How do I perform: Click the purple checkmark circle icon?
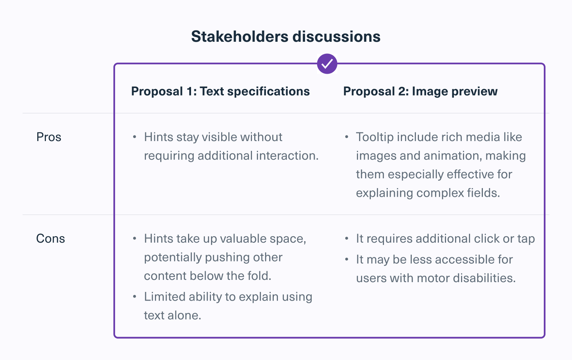point(327,64)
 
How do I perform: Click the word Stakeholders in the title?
point(240,36)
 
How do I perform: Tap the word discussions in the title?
point(336,36)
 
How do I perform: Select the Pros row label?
point(49,137)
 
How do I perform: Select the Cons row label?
point(50,238)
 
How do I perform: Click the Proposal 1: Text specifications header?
point(220,91)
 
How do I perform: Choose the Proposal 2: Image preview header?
point(420,91)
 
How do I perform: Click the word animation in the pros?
point(453,156)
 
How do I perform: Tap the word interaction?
point(287,156)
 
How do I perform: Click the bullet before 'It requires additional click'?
point(346,238)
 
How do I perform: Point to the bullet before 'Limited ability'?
point(135,297)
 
